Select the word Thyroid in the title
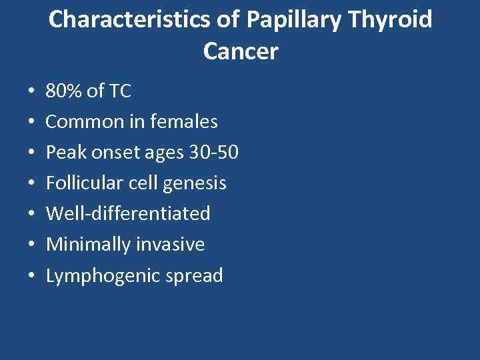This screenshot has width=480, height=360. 395,20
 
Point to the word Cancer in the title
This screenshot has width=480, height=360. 240,51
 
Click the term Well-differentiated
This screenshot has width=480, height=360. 128,214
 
